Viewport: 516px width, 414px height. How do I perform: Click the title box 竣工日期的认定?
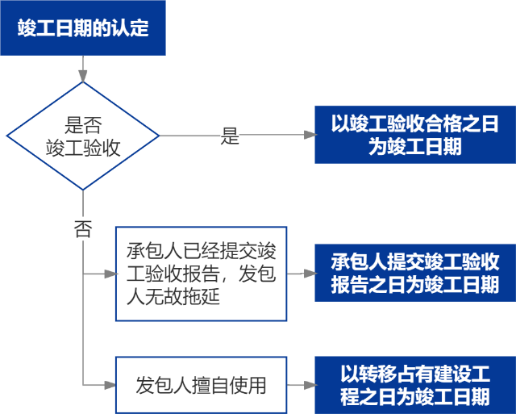(83, 27)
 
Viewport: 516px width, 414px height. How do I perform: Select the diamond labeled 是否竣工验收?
(83, 136)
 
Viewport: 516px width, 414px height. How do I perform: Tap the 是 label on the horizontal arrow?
(231, 136)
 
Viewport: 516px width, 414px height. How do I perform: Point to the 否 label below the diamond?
(83, 228)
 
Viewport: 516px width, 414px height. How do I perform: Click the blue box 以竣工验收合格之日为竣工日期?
(414, 135)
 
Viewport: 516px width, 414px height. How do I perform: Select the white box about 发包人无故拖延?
(201, 274)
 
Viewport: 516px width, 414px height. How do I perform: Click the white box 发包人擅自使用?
(201, 385)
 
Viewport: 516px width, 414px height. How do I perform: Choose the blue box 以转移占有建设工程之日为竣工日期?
(414, 385)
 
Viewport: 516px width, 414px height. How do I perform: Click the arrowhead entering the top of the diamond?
(83, 77)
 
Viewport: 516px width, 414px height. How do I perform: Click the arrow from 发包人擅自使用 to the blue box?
(300, 385)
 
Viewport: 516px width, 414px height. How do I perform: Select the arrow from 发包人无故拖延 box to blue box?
(300, 274)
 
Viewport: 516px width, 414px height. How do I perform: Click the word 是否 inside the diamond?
(83, 124)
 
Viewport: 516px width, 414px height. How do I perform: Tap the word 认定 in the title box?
(132, 27)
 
